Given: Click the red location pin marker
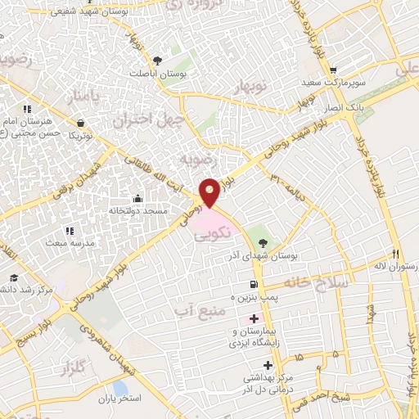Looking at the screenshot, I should tap(209, 192).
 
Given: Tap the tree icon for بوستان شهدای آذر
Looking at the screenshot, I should tap(263, 241).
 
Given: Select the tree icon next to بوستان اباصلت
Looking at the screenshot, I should tap(157, 59).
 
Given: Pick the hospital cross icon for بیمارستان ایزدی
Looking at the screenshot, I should tap(253, 318).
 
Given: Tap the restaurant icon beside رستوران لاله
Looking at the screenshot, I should tap(395, 254).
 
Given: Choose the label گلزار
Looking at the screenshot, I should tap(72, 370).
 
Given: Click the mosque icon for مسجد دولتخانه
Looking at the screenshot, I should tap(137, 199).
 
